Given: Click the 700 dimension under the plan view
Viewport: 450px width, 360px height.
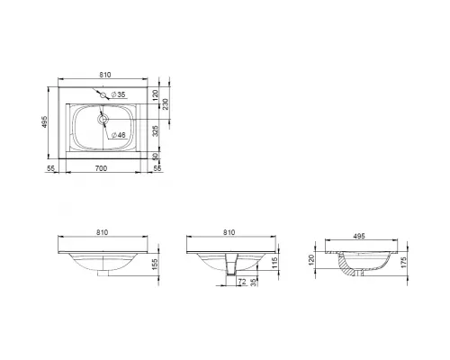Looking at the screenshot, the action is coord(101,168).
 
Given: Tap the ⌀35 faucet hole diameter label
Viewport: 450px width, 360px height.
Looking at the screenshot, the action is coord(118,94).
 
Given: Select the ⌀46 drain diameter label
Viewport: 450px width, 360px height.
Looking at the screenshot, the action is coord(119,135).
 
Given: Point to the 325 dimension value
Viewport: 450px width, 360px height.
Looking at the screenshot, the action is coord(155,130).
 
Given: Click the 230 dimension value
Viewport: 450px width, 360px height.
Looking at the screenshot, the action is coord(166,103).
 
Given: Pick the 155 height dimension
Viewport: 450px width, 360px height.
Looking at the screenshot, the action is coord(155,265).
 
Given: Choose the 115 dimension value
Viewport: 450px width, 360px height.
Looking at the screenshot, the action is coord(275,261).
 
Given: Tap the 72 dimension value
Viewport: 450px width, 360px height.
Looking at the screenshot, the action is coord(242,282).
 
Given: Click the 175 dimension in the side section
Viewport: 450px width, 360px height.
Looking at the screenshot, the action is coord(403,262).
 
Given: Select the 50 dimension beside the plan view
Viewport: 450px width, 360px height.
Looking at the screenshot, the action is coord(155,157).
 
